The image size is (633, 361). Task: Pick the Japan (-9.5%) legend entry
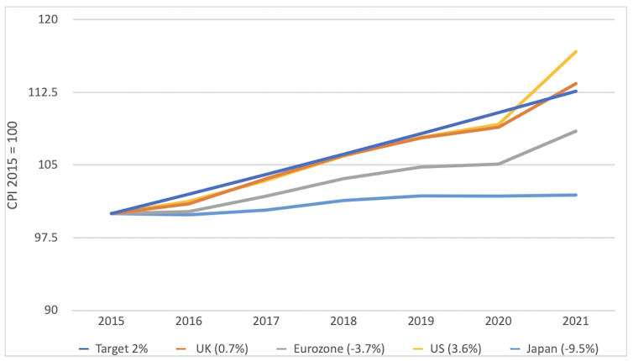[562, 348]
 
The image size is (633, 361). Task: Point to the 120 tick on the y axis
[47, 19]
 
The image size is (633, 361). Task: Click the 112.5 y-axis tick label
[42, 92]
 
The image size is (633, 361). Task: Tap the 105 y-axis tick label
[47, 165]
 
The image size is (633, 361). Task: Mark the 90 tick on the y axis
[50, 311]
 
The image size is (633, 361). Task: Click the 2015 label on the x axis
[112, 322]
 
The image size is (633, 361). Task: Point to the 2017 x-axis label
[266, 322]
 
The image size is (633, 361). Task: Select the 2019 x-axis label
[421, 322]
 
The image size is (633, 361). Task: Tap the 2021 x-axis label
[576, 322]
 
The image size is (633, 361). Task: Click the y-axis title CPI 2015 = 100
[12, 165]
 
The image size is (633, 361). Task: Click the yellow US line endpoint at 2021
[576, 51]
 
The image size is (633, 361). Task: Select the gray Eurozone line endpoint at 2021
[576, 131]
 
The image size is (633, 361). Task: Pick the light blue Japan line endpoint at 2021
[576, 195]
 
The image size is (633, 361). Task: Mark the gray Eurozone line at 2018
[344, 178]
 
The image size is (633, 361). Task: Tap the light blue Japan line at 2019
[421, 196]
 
